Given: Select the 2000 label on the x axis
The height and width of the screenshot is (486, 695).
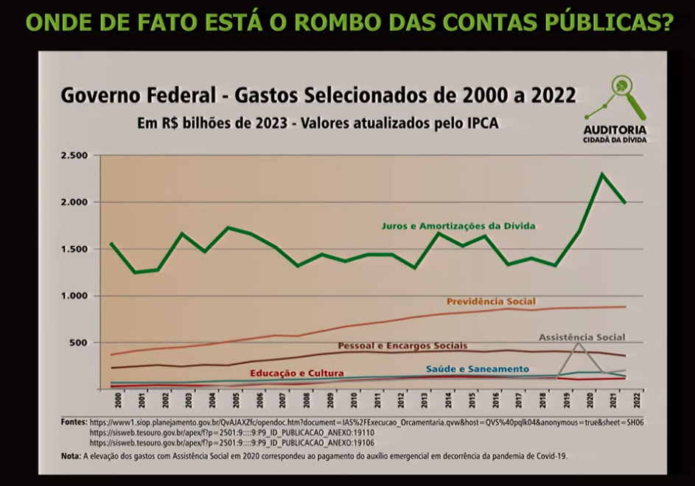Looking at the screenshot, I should [119, 400].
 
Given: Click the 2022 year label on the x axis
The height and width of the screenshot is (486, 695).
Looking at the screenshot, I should [635, 400].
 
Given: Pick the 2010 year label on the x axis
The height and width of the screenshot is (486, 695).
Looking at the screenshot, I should [354, 400].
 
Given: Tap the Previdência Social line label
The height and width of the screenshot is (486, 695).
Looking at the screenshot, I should [491, 301].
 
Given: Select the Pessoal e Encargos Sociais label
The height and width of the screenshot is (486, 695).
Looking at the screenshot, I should [402, 345].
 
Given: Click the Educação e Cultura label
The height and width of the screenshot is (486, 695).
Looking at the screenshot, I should [296, 373].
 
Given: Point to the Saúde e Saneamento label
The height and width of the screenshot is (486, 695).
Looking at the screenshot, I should [477, 368].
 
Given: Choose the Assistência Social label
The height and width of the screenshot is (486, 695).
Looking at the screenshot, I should [582, 337].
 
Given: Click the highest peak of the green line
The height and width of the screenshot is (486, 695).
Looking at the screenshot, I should [602, 175].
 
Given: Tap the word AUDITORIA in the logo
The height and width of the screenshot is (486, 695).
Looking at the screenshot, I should [615, 130].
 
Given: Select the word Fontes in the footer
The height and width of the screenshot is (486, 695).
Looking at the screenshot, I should [74, 423].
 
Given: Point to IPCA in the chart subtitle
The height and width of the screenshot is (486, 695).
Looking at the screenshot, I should [480, 123].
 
